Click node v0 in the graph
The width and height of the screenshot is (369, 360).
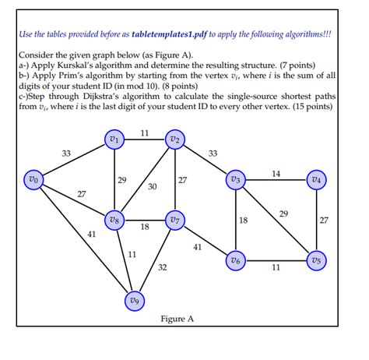click(x=31, y=179)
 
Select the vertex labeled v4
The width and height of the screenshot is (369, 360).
click(x=315, y=180)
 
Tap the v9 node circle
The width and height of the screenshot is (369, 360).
click(x=135, y=300)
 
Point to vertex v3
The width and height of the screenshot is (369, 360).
click(x=236, y=180)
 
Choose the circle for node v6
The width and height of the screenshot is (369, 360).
click(x=236, y=259)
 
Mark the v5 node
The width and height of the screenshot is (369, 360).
click(x=315, y=259)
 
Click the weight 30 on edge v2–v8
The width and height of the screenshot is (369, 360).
click(x=152, y=186)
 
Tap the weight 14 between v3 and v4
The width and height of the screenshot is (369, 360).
click(x=276, y=173)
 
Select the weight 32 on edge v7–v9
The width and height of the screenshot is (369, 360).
click(x=162, y=267)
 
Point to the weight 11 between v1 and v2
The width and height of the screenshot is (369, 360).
click(x=145, y=133)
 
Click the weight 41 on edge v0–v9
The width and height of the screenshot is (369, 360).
click(x=91, y=234)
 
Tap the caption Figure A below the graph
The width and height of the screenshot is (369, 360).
click(x=177, y=319)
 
